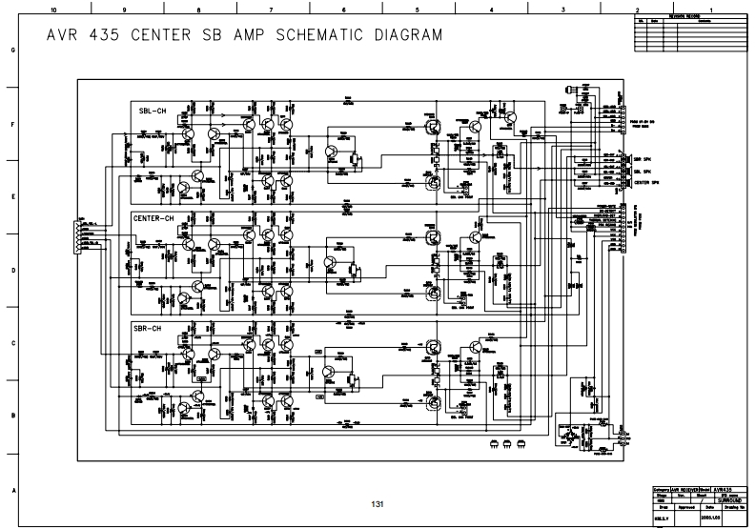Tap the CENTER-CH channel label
tap(153, 217)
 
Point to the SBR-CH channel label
tap(153, 328)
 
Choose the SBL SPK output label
tap(642, 171)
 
